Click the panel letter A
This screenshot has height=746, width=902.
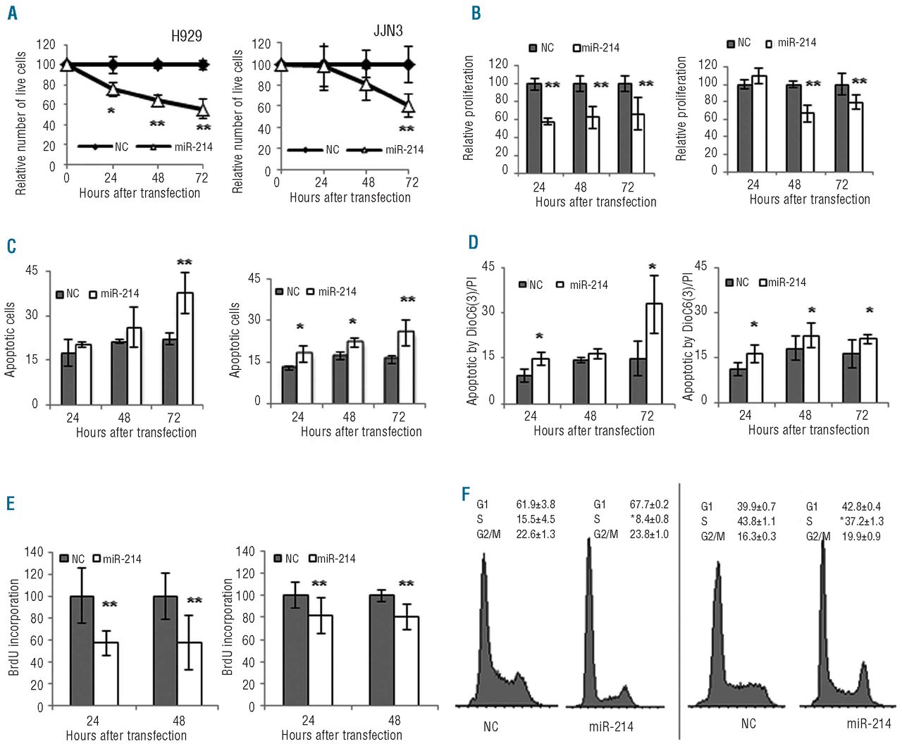coord(12,13)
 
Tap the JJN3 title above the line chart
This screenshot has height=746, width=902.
coord(388,31)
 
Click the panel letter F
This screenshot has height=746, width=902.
coord(466,494)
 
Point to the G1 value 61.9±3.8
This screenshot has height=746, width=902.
coord(536,504)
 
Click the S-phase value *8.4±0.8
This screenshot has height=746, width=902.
coord(649,519)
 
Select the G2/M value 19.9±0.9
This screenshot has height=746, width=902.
coord(861,536)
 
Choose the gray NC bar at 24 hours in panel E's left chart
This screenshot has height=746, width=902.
coord(82,651)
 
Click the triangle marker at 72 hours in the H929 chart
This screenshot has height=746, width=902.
coord(203,110)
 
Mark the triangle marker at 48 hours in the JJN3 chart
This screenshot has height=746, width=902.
coord(366,85)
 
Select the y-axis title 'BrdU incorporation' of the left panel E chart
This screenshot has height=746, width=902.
coord(14,627)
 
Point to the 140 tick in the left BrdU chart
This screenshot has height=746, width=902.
coord(34,552)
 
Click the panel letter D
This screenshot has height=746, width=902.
coord(473,243)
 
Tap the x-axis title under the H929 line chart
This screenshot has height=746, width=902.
coord(140,193)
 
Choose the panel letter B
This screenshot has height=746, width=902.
coord(476,13)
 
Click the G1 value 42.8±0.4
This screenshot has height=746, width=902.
coord(861,506)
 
